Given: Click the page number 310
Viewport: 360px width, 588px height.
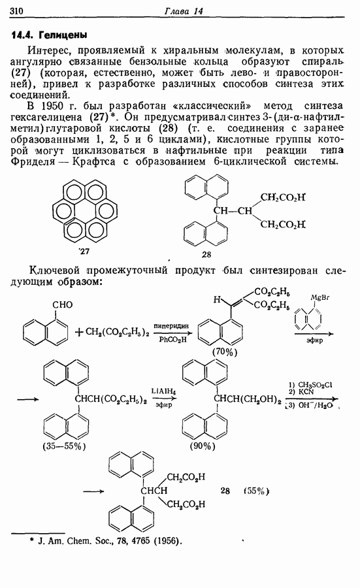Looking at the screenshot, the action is pyautogui.click(x=16, y=11).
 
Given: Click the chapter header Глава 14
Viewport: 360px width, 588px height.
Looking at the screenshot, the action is pyautogui.click(x=184, y=11).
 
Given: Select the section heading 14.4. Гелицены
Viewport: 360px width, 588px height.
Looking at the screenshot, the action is pyautogui.click(x=49, y=35).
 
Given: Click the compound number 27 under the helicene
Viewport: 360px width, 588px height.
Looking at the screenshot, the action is pyautogui.click(x=85, y=251).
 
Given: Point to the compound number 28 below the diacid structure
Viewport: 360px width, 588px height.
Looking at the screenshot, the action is pyautogui.click(x=206, y=255).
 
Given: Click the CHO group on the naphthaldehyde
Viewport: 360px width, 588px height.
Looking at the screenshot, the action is pyautogui.click(x=62, y=304).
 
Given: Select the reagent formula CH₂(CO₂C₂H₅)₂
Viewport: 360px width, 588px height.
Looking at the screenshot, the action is pyautogui.click(x=117, y=333).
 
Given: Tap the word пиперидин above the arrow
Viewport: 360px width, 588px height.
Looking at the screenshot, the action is pyautogui.click(x=171, y=326).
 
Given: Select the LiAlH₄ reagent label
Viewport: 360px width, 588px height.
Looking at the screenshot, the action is pyautogui.click(x=164, y=391).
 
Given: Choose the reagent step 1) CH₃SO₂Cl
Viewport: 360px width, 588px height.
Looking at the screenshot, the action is pyautogui.click(x=310, y=385).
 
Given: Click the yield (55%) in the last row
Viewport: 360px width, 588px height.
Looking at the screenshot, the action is pyautogui.click(x=257, y=491).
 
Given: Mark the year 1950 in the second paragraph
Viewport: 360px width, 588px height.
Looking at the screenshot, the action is pyautogui.click(x=51, y=106).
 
